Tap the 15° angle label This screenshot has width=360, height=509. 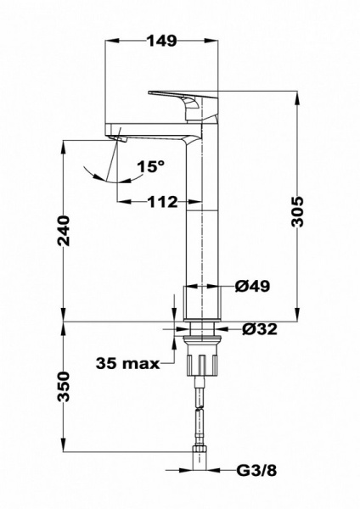pyautogui.click(x=149, y=168)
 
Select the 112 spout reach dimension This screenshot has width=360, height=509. pyautogui.click(x=160, y=202)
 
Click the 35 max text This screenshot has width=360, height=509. pyautogui.click(x=128, y=364)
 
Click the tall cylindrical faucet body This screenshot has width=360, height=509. pyautogui.click(x=202, y=221)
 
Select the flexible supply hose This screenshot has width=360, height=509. pyautogui.click(x=201, y=416)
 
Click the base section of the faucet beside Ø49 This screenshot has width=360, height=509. pyautogui.click(x=202, y=301)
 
